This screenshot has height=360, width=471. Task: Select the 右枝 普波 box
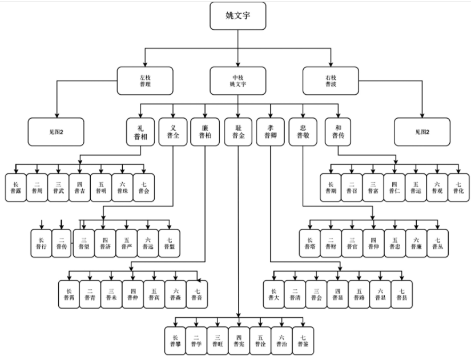[331, 80]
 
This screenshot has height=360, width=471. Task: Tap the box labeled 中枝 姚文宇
[237, 80]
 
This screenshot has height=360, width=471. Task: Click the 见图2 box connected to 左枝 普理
[55, 132]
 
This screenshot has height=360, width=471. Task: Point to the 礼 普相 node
[140, 131]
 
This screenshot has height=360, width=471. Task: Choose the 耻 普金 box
[238, 131]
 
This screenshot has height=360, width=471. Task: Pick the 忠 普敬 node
[303, 131]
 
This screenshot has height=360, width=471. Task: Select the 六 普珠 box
[121, 187]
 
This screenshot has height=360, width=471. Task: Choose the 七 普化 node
[457, 187]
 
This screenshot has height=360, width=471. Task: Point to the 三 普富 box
[372, 187]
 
